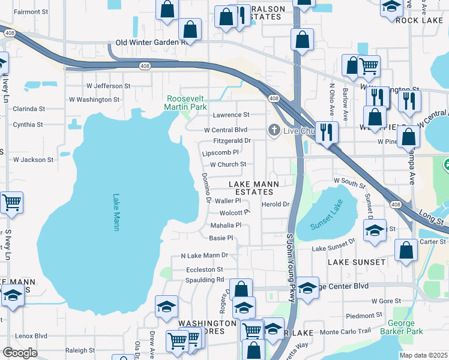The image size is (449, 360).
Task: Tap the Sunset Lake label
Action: point(325,226)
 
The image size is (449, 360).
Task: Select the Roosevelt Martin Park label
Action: point(186,102)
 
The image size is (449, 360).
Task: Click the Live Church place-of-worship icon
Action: point(274,131)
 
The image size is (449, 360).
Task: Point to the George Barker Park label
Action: point(401,327)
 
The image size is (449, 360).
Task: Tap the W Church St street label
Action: point(228,164)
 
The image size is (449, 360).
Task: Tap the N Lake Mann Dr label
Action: point(205,255)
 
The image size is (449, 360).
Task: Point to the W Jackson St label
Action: point(34,160)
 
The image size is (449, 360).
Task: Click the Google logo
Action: point(20,352)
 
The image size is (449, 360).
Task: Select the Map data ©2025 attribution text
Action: point(424,355)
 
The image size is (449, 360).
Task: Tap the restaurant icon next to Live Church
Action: point(327,132)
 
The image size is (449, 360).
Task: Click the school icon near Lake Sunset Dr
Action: point(375,232)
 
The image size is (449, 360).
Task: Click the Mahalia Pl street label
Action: point(226,226)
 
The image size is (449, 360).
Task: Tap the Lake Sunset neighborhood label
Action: point(357,262)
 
